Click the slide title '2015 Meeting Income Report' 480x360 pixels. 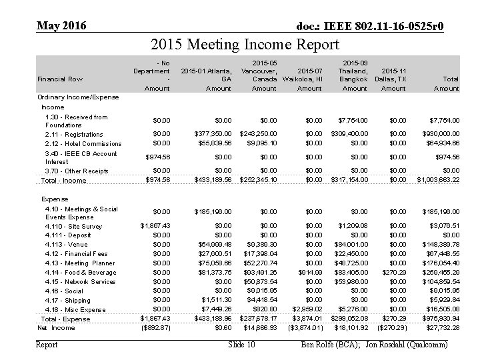pos(245,45)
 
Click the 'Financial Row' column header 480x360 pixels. pos(59,79)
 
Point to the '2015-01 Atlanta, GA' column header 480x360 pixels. pos(206,75)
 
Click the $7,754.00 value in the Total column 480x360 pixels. pos(440,121)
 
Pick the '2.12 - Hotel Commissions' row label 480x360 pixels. pos(83,143)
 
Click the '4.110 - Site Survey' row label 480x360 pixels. pos(73,226)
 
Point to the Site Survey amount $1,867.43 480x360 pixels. pos(155,226)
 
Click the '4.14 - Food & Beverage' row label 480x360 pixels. pos(80,272)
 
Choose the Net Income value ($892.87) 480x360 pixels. pos(155,328)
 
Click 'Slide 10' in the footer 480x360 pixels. pos(241,345)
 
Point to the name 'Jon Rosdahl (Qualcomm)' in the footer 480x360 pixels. pos(409,345)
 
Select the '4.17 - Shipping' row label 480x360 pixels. pos(69,300)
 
